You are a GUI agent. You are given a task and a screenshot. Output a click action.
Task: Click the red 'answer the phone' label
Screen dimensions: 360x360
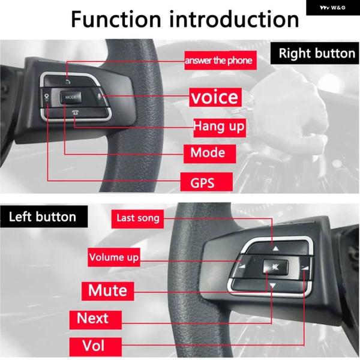point(220,61)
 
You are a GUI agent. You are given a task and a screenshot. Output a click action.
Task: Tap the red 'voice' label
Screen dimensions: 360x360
point(215,97)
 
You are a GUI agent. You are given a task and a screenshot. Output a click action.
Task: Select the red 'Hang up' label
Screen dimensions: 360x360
point(220,128)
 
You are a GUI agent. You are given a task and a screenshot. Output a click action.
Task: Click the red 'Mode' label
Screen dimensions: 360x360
point(209,154)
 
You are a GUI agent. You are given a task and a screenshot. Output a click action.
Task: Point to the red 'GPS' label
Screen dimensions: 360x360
point(206,182)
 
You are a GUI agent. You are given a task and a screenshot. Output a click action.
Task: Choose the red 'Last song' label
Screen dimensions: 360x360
point(137,219)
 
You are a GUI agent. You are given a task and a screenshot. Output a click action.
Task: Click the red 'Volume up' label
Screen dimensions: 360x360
point(114,257)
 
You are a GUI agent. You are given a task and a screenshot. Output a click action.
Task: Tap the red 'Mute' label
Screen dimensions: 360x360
point(107,291)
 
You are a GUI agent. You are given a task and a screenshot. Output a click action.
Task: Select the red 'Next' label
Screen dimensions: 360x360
point(95,320)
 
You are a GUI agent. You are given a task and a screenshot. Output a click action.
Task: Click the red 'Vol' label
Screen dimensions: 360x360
point(95,346)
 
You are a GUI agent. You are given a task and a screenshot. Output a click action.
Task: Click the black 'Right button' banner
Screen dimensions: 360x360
point(315,53)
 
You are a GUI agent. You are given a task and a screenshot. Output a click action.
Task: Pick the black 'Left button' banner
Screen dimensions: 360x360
point(44,217)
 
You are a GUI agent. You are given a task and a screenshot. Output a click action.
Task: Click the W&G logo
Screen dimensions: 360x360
point(332,8)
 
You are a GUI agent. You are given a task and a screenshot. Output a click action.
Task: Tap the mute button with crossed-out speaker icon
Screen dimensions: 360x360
point(275,267)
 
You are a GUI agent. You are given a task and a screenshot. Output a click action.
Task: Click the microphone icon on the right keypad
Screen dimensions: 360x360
point(100,97)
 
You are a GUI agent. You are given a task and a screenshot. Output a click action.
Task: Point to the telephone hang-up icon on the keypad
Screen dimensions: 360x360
point(76,112)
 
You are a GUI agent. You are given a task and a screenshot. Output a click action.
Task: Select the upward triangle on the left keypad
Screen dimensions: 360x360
point(275,248)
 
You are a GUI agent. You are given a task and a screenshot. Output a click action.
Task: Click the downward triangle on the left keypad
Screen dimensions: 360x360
point(272,286)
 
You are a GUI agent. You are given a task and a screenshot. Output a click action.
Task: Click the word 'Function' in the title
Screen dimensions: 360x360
point(116,19)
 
